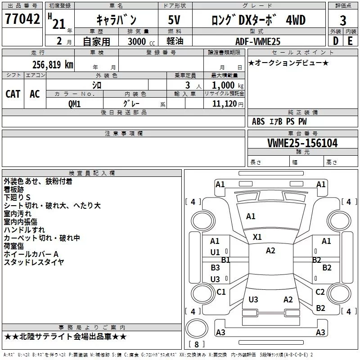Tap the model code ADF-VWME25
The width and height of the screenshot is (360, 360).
point(258,41)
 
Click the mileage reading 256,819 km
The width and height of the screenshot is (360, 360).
point(53,64)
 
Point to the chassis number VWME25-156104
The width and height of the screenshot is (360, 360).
point(302,143)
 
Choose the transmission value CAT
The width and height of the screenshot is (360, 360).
point(13,94)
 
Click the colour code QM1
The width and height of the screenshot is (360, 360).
point(74,103)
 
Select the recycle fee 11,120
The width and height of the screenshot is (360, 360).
point(224,103)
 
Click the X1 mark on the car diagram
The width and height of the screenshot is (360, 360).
point(257,237)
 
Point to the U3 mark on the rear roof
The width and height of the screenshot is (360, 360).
point(253,300)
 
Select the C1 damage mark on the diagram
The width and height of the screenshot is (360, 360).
point(221,292)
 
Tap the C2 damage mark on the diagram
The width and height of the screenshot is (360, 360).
point(320,292)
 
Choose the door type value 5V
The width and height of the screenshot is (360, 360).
point(175,20)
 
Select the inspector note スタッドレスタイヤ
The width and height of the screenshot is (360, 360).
point(34,262)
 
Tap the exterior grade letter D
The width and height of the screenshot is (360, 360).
point(335,41)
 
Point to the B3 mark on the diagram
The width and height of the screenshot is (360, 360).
point(215,268)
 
